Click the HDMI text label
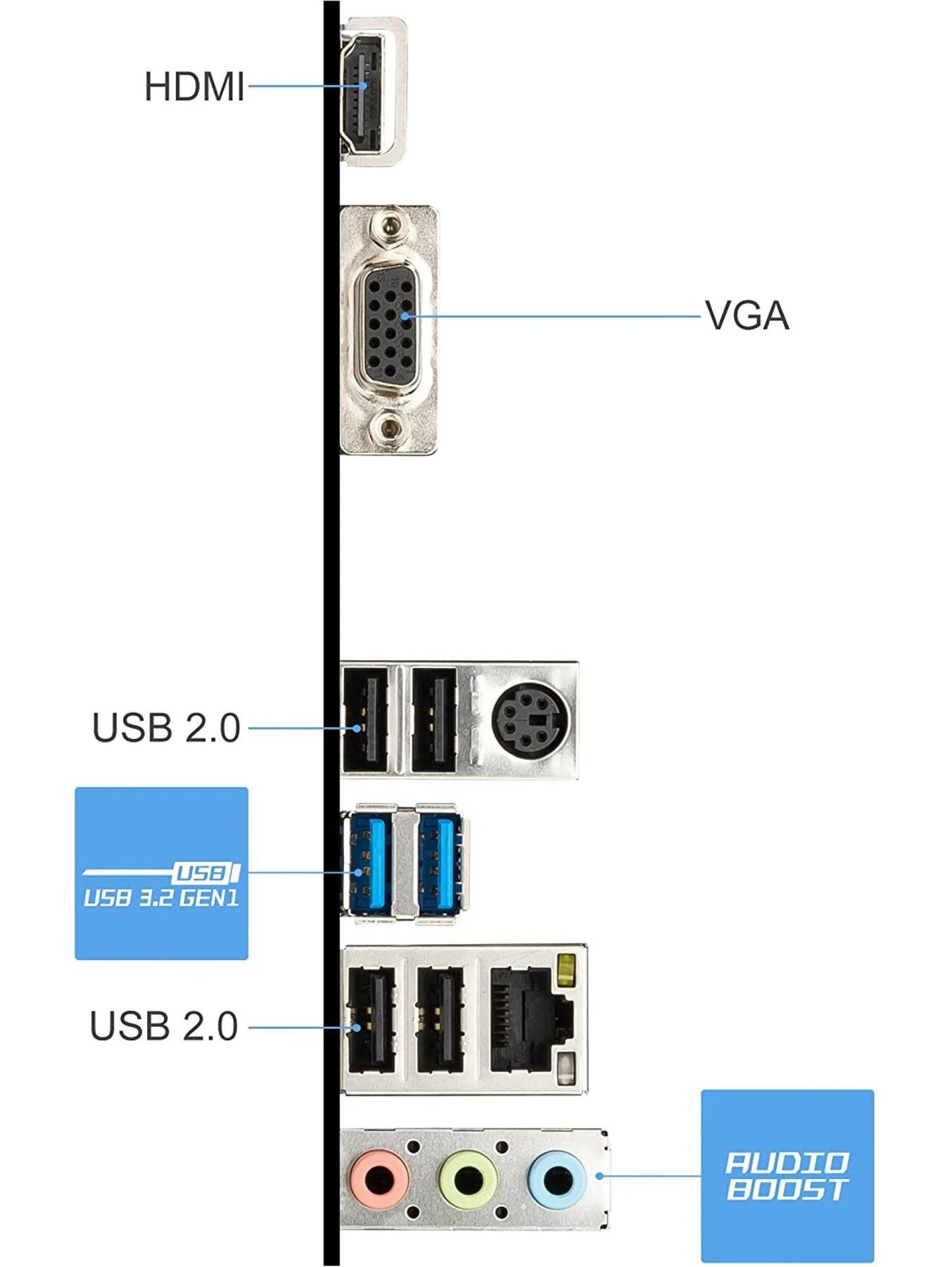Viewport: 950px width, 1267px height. pyautogui.click(x=194, y=87)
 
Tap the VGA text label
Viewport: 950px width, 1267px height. pyautogui.click(x=747, y=315)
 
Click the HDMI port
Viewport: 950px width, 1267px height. pyautogui.click(x=363, y=92)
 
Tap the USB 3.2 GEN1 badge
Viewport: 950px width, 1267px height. pyautogui.click(x=161, y=873)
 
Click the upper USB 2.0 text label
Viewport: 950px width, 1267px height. pyautogui.click(x=166, y=728)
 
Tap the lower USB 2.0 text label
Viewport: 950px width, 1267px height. pyautogui.click(x=164, y=1026)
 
